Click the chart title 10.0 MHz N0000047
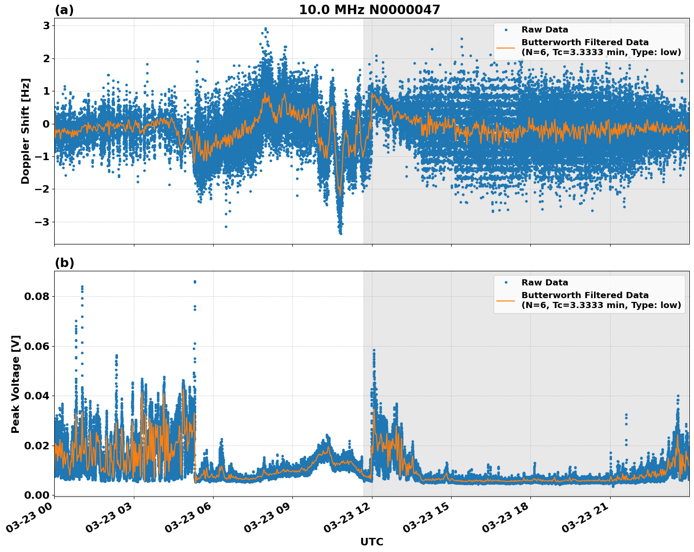369,10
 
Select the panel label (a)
64,10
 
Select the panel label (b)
64,263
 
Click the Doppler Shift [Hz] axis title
25,131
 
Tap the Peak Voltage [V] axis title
16,384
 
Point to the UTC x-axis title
372,542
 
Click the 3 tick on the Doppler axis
46,26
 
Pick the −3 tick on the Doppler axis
43,222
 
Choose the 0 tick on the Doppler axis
46,124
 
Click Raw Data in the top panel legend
545,30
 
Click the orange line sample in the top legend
506,47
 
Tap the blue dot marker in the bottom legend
506,283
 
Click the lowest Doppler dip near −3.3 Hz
340,233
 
